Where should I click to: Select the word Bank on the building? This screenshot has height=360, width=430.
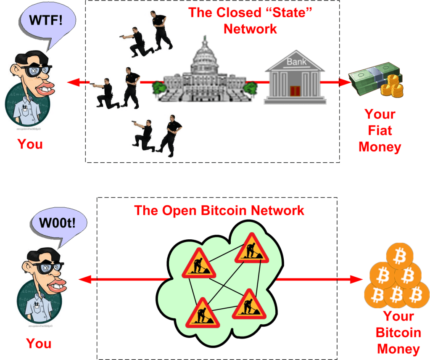[295, 62]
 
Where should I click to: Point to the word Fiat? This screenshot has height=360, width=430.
[380, 130]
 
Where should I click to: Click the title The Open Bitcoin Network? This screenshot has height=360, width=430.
[219, 210]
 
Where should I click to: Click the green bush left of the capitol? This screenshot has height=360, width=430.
[158, 88]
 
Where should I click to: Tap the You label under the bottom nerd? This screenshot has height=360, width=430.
[39, 343]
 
